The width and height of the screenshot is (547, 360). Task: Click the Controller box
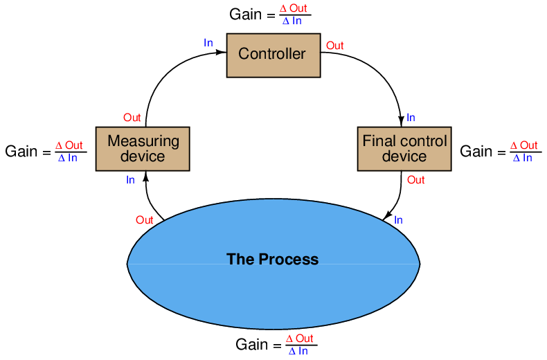(x=272, y=55)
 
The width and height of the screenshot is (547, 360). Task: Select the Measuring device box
(x=143, y=148)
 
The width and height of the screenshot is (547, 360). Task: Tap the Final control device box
(x=404, y=148)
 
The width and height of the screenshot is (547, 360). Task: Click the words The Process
(x=272, y=260)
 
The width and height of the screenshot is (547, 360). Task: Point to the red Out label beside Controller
(x=334, y=46)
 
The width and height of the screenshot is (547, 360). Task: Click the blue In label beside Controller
(x=208, y=43)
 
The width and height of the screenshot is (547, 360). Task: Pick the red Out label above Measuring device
(x=132, y=118)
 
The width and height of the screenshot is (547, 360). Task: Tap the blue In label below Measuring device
(x=130, y=180)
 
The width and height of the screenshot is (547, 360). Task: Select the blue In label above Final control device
(x=411, y=118)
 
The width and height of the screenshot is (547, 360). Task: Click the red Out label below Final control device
(x=415, y=180)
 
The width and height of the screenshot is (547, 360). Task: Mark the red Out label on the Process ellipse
(x=144, y=220)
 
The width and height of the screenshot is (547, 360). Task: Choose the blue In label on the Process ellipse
(x=398, y=220)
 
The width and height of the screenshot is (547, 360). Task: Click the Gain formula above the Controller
(x=269, y=14)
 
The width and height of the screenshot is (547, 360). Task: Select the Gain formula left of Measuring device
(x=46, y=151)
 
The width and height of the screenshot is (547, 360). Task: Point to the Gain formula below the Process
(x=276, y=344)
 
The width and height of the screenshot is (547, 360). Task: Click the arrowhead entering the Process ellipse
(x=386, y=217)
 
